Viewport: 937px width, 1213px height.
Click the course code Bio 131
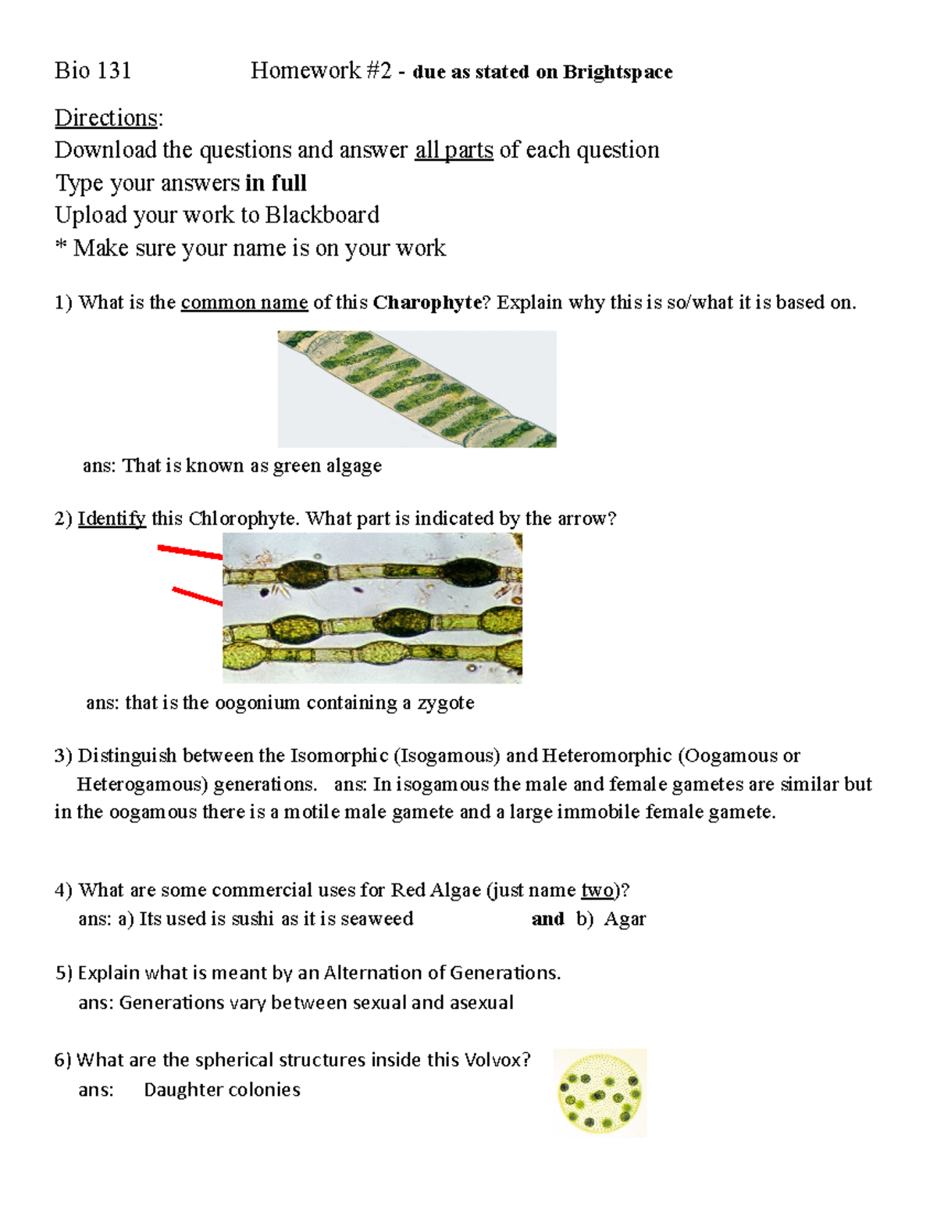[93, 71]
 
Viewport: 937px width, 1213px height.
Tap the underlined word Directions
[106, 118]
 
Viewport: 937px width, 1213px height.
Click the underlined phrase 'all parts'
[454, 150]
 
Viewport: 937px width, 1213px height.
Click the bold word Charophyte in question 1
[426, 302]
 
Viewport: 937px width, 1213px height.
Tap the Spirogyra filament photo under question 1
[417, 388]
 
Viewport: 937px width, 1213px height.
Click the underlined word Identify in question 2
[112, 519]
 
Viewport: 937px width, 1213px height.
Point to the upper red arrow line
[190, 552]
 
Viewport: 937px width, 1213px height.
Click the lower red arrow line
[197, 596]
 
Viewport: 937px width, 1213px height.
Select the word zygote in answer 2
[446, 703]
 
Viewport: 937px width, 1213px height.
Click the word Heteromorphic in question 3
[606, 756]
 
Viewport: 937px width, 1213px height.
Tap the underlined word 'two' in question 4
[597, 890]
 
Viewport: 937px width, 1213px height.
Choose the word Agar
[625, 919]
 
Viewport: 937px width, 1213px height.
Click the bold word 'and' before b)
[547, 919]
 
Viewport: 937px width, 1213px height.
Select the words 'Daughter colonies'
[222, 1090]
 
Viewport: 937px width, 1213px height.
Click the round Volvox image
[600, 1092]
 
